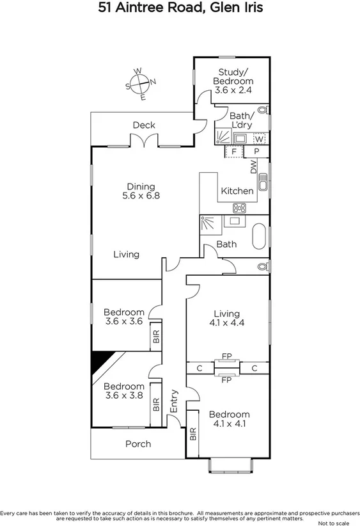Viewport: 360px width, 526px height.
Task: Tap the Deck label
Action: (144, 125)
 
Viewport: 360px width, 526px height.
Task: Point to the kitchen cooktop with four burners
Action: (240, 207)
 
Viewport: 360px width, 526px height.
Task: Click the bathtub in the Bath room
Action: (259, 235)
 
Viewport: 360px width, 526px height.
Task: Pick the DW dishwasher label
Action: (253, 167)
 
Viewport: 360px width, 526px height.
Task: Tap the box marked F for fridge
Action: (234, 152)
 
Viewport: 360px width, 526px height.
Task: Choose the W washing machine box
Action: (259, 139)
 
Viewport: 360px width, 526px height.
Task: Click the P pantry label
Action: (256, 152)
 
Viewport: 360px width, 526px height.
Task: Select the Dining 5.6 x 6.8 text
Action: (141, 191)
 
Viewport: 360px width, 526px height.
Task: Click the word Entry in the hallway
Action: (173, 401)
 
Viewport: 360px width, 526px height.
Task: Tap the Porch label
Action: (137, 443)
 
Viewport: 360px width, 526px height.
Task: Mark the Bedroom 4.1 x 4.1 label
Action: (229, 418)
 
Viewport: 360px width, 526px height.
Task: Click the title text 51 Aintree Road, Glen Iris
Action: (180, 8)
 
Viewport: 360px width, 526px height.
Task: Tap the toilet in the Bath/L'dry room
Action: (262, 110)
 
